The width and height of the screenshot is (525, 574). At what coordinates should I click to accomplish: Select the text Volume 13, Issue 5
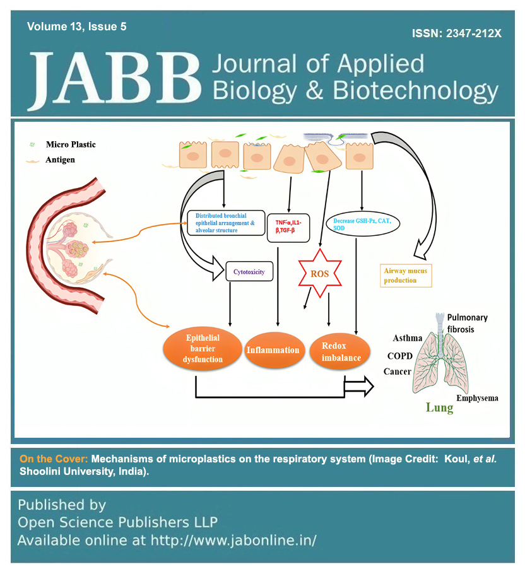(x=76, y=26)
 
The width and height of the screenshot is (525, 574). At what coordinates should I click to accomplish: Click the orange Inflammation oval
(x=273, y=350)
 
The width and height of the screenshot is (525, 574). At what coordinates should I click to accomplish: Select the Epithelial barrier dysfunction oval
(x=203, y=349)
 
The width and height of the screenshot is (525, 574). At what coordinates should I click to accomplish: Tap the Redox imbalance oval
(x=341, y=349)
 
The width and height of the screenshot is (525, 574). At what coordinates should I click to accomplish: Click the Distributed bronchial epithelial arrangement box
(x=225, y=223)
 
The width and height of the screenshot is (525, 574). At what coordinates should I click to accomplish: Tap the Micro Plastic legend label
(x=71, y=144)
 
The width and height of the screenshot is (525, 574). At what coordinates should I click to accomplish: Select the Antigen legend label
(x=60, y=160)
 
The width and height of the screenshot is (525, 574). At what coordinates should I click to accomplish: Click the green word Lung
(x=439, y=407)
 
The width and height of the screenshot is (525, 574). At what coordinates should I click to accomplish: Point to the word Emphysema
(x=477, y=398)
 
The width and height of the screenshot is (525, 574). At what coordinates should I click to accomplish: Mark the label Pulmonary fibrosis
(x=467, y=323)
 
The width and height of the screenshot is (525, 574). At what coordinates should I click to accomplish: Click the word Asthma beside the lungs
(x=408, y=339)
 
